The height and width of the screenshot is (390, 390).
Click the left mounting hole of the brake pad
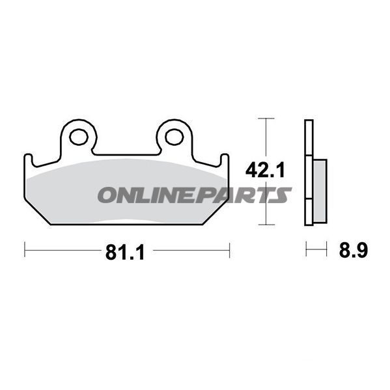[x=79, y=137]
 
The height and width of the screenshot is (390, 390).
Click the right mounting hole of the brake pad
[x=174, y=137]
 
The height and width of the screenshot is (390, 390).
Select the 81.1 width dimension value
[x=125, y=252]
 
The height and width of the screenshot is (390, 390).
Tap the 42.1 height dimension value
[x=265, y=170]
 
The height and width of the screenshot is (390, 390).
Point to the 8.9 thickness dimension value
[x=353, y=250]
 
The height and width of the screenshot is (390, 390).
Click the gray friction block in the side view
[x=320, y=191]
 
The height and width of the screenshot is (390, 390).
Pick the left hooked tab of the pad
[x=29, y=160]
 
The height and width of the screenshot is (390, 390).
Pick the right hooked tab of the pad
[x=225, y=160]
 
